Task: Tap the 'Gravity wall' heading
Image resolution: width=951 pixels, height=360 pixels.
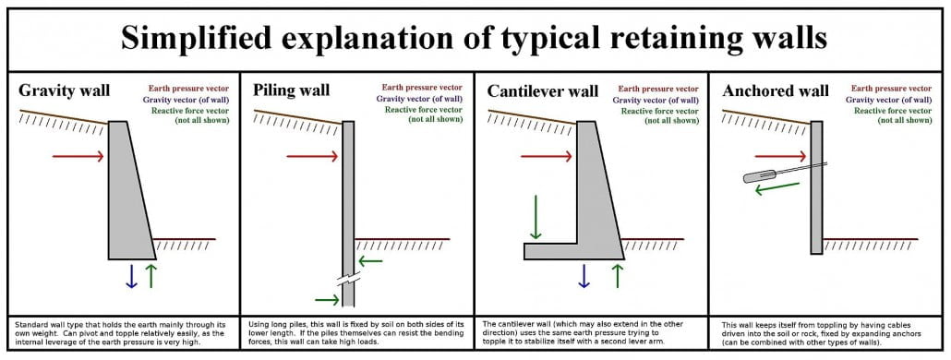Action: (65, 90)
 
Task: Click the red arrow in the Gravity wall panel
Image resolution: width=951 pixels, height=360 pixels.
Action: (78, 157)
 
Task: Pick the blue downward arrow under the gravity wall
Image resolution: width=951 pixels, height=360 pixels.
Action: (131, 275)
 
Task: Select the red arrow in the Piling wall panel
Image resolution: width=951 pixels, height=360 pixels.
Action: (312, 157)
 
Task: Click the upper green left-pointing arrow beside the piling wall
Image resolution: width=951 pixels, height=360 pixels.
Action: (371, 261)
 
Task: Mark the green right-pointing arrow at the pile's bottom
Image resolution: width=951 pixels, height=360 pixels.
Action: (328, 299)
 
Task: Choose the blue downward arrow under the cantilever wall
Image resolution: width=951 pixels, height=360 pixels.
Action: (584, 275)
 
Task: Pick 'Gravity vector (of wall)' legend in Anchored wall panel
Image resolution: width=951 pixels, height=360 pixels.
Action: (890, 100)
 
